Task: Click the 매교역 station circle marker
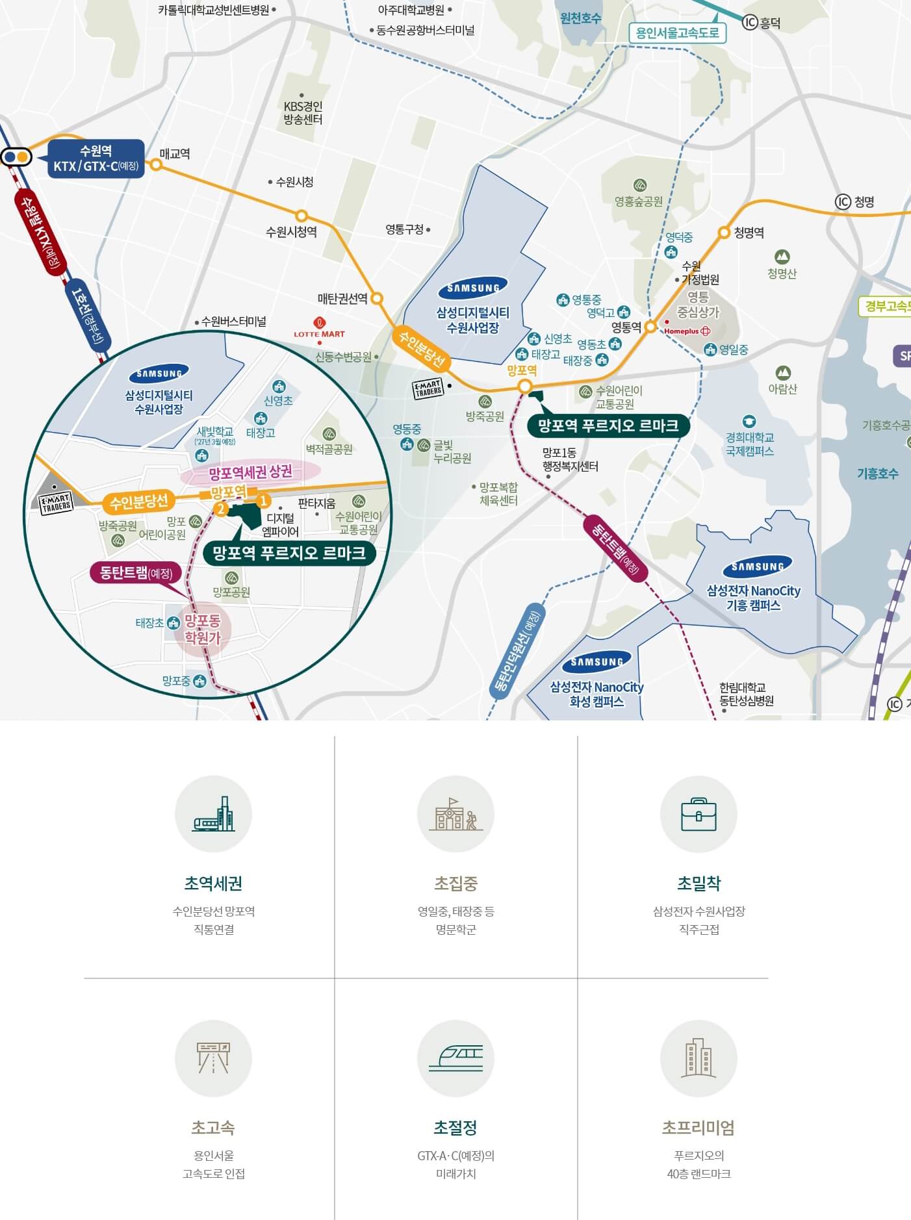point(156,164)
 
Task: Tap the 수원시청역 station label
point(291,232)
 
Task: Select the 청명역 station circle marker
point(724,232)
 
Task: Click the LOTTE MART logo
point(319,327)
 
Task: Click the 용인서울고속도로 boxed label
point(677,33)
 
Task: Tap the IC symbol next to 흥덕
point(750,23)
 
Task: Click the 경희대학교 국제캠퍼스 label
point(750,444)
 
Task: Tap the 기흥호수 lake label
point(877,474)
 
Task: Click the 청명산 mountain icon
point(782,257)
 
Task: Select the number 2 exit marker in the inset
point(221,509)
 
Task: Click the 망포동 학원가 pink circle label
point(202,629)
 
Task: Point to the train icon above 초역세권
point(213,814)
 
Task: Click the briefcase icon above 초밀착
point(699,814)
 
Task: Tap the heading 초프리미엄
point(699,1127)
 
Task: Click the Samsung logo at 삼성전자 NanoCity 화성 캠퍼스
point(597,662)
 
